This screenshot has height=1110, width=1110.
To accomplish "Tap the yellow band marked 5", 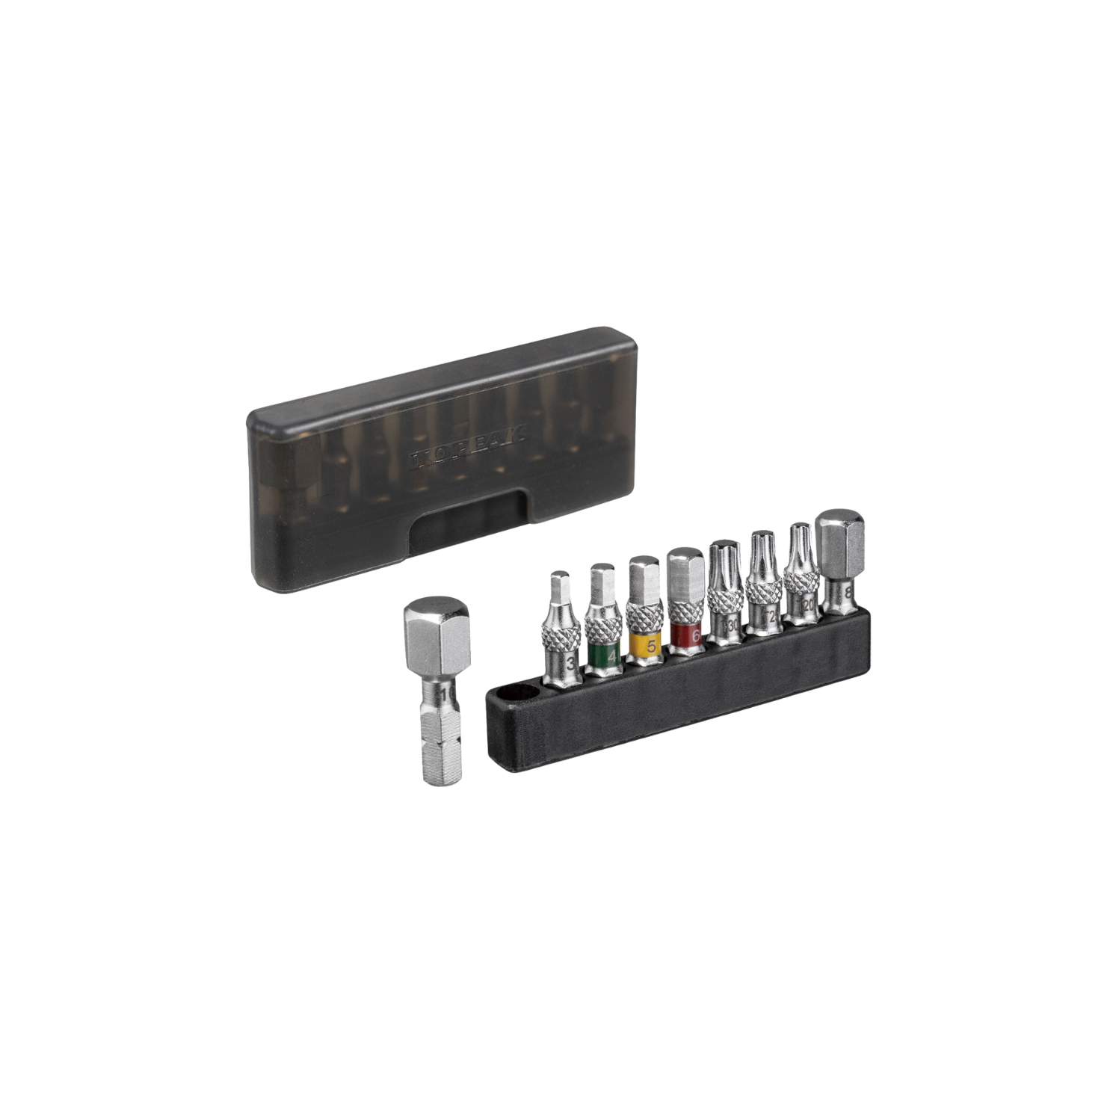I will [x=644, y=645].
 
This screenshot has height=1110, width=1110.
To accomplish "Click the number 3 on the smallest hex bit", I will [x=570, y=662].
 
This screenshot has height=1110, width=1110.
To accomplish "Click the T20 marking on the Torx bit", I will [x=807, y=602].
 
